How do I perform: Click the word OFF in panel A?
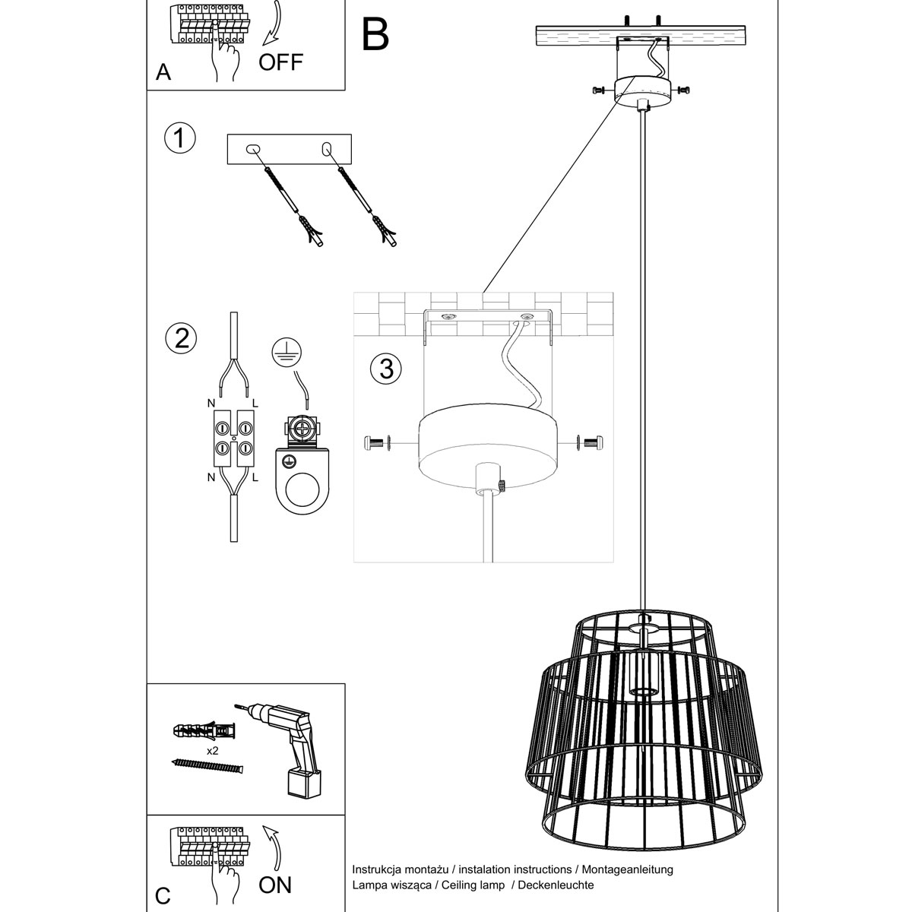point(280,62)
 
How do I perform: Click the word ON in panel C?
point(275,885)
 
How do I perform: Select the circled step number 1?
point(179,138)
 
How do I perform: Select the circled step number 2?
point(181,338)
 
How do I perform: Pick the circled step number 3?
point(386,369)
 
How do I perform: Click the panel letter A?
point(163,72)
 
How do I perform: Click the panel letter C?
point(163,896)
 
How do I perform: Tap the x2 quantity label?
point(213,751)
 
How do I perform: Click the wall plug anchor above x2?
point(204,732)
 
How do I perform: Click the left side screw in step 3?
point(377,443)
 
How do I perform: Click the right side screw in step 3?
point(591,443)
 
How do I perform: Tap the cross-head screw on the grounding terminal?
point(302,430)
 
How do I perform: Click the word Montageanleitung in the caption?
point(627,869)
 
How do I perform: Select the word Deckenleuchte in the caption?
point(556,885)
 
